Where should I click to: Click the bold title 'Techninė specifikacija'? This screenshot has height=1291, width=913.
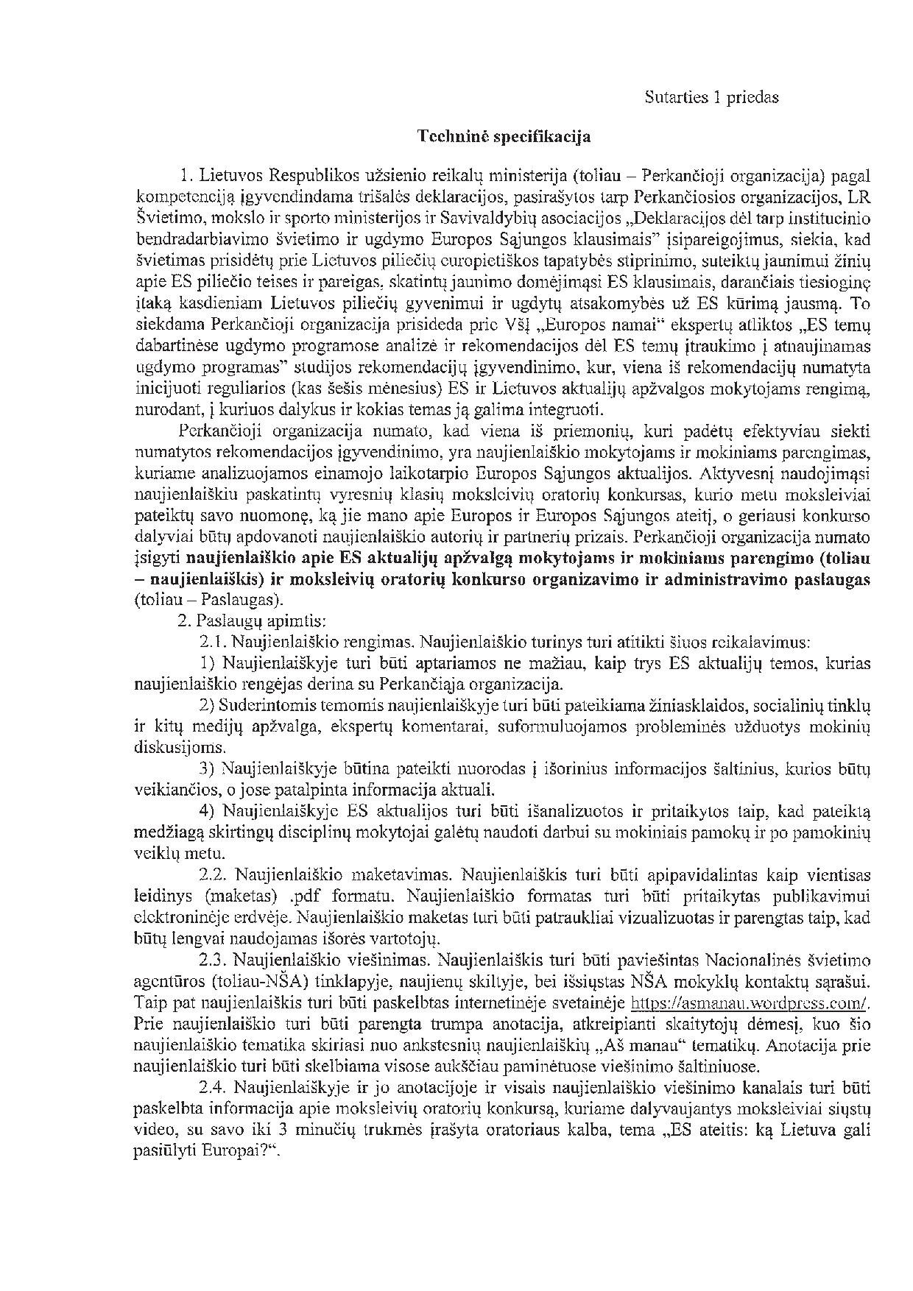[504, 136]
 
